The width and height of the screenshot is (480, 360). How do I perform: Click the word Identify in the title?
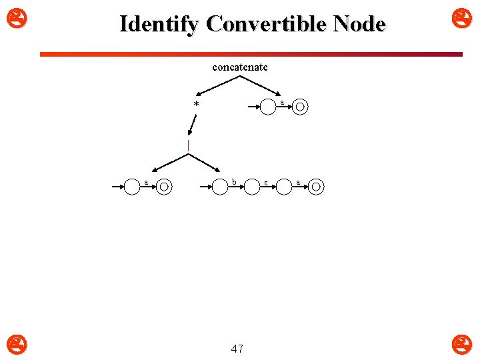click(159, 24)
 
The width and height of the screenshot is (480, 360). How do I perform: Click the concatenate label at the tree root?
click(240, 67)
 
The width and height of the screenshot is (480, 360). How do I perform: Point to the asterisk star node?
click(196, 105)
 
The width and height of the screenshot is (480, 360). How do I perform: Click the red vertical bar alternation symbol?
click(189, 145)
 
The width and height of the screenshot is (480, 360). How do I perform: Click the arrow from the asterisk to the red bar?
click(193, 125)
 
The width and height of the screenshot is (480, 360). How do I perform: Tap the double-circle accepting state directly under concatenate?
click(300, 107)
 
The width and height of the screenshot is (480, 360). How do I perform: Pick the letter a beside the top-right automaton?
click(282, 101)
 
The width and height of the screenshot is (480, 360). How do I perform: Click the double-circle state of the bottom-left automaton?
click(164, 187)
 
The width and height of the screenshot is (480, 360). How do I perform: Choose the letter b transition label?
click(233, 181)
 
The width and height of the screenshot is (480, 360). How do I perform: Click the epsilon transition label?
click(265, 182)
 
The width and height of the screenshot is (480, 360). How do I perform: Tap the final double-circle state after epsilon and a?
click(316, 187)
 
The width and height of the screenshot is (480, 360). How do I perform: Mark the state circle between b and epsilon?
click(252, 187)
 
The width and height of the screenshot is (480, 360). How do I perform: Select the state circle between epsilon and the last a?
click(284, 187)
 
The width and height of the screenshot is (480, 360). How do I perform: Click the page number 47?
click(237, 348)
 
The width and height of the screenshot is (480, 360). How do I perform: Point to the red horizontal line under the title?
click(251, 54)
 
